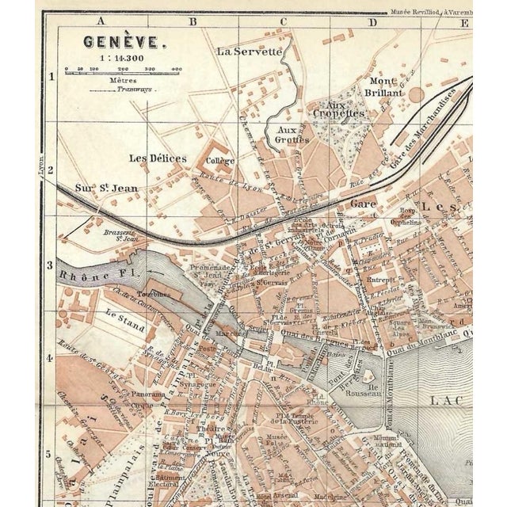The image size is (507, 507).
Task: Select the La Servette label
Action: coord(250,51)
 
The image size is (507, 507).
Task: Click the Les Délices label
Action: coord(158,158)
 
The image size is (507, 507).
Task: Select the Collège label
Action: coord(219,161)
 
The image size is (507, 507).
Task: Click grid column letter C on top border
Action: coord(280,22)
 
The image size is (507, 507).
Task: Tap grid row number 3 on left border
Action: coord(50,267)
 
